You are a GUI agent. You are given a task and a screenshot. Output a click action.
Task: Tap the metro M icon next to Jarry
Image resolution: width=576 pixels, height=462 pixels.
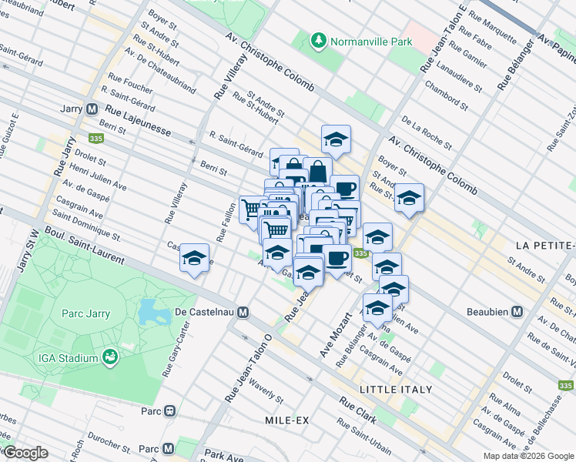pos(92,109)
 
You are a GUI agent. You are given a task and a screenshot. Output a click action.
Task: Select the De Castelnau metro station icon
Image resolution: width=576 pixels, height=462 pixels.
pos(243,312)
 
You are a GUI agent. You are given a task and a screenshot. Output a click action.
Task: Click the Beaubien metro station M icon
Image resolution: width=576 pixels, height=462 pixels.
pos(517,312)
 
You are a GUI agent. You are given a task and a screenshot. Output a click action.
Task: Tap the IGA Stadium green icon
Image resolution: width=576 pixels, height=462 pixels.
pos(111,357)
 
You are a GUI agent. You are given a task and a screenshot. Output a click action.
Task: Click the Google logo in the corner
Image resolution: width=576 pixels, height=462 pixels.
pos(25,453)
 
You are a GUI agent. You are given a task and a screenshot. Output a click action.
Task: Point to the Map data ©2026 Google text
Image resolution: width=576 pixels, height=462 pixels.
pos(527,456)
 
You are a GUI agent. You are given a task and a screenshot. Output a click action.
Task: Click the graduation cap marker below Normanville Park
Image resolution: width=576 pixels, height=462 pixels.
pos(336,139)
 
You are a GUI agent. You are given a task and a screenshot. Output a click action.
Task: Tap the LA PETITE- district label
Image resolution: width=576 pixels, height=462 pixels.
pos(545,245)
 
